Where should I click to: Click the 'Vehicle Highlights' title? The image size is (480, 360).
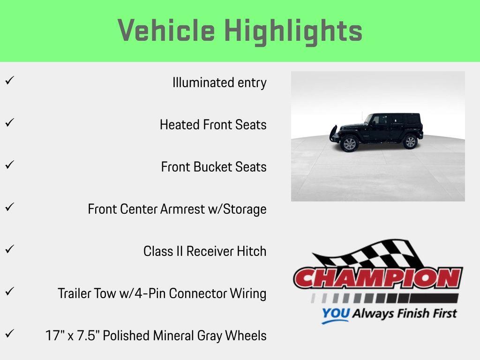coord(240,31)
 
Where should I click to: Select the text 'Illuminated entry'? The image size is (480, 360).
coord(219,83)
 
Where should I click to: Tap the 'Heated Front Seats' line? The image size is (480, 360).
coord(213,125)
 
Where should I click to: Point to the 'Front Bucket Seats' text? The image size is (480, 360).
coord(214,167)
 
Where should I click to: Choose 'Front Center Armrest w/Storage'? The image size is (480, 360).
coord(177,209)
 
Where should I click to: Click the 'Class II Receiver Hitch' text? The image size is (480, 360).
coord(205,251)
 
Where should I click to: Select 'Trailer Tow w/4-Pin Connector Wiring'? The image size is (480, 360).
coord(162,293)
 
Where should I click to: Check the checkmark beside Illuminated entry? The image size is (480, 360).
coord(8,81)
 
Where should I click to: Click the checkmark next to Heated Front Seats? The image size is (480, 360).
coord(8,123)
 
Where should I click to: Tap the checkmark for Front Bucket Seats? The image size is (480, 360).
coord(8,165)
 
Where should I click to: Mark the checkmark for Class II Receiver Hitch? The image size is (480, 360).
coord(8,249)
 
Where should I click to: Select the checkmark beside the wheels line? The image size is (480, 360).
coord(8,334)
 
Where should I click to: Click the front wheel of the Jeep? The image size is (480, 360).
coord(349,143)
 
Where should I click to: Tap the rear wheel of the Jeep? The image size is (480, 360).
coord(410,142)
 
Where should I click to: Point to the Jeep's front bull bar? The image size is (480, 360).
coord(334,133)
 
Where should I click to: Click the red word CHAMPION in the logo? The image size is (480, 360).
coord(378,278)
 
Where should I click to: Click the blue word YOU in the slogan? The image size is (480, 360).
coord(335,314)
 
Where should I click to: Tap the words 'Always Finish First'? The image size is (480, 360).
coord(404,313)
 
